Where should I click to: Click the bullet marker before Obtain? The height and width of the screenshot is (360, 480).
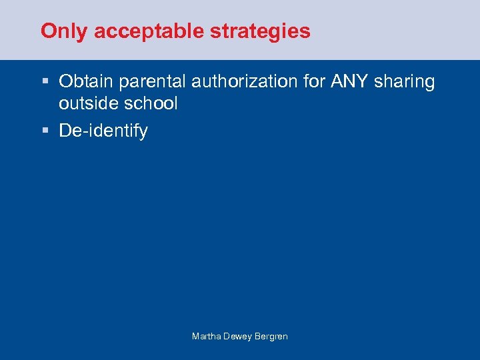click(x=45, y=82)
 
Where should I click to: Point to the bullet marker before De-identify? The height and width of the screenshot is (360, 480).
click(x=45, y=131)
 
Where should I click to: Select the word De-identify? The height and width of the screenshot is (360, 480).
click(x=103, y=131)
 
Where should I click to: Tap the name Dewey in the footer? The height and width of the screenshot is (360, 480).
click(x=238, y=337)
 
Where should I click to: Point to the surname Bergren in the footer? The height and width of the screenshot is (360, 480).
click(x=272, y=337)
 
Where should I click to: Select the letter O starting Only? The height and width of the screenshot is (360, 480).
click(x=47, y=31)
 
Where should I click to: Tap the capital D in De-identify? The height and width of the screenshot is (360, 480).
click(x=65, y=131)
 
